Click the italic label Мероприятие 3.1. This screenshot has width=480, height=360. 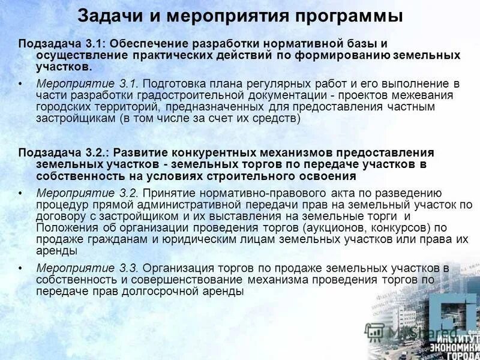point(88,83)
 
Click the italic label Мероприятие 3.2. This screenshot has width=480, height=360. point(88,193)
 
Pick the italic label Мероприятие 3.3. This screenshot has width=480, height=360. point(88,267)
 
